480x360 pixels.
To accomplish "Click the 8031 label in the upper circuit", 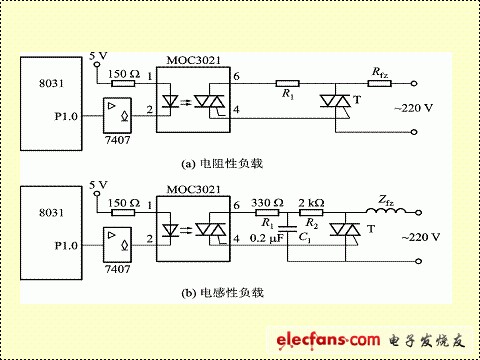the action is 51,83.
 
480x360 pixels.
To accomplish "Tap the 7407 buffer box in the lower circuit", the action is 117,245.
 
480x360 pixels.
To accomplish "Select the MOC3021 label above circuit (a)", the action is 193,60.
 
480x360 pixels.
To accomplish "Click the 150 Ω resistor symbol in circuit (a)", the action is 123,83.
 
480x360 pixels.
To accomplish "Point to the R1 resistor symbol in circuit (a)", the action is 287,83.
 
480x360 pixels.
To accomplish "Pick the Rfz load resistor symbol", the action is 380,83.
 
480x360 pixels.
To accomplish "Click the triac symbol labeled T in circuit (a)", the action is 335,101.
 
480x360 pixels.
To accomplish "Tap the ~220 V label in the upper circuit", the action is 413,108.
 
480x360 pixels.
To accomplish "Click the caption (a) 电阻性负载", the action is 222,164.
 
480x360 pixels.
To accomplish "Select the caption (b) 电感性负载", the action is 222,293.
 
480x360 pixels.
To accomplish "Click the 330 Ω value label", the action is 267,203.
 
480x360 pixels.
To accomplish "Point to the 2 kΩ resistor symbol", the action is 311,212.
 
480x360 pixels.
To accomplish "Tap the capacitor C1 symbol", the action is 287,228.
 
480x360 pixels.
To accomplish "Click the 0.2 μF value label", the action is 267,238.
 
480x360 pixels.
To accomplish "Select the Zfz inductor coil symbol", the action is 386,211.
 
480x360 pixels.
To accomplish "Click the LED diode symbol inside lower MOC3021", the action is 170,230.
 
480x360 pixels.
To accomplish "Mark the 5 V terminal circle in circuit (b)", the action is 97,194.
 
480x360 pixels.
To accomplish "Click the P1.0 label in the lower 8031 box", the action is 66,246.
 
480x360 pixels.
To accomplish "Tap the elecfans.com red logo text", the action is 328,340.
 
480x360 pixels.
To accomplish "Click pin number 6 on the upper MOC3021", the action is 236,76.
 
